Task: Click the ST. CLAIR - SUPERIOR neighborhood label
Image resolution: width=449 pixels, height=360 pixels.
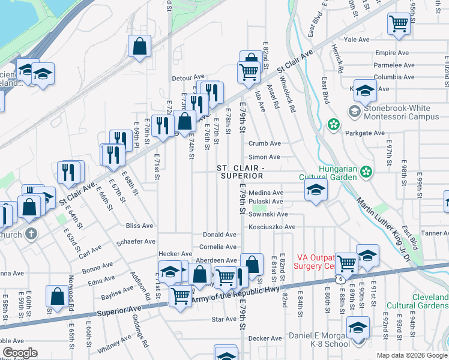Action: click(x=241, y=172)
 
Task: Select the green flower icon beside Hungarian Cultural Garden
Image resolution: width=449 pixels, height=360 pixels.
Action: click(x=365, y=173)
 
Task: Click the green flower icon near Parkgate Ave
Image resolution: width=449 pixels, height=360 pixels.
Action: click(x=332, y=124)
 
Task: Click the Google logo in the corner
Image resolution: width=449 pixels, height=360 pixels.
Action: click(x=20, y=353)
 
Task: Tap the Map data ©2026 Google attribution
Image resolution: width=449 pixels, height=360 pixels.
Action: click(x=411, y=355)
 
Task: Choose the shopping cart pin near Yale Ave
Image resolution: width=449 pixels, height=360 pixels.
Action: click(x=398, y=24)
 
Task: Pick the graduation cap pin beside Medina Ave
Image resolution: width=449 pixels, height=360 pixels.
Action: click(x=316, y=191)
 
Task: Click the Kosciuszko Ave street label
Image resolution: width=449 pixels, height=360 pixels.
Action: click(x=273, y=227)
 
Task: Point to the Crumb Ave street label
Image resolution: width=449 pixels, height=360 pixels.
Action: click(x=265, y=144)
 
